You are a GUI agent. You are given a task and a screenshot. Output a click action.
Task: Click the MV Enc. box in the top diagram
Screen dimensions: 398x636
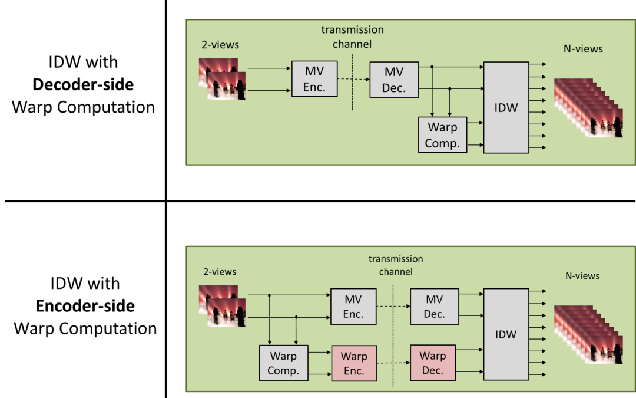pos(314,79)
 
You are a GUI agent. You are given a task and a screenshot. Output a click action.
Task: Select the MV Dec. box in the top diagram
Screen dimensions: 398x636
pos(394,79)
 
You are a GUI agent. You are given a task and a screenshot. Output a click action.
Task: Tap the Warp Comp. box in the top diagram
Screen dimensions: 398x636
pos(442,135)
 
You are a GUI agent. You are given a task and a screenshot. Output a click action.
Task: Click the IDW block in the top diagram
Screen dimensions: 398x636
pos(506,107)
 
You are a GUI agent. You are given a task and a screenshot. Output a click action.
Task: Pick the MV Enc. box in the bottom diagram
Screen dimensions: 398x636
pos(353,306)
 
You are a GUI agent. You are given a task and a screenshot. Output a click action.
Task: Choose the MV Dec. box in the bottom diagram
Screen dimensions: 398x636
pos(434,306)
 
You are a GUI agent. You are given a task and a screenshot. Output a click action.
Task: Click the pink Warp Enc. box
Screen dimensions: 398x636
pos(354,363)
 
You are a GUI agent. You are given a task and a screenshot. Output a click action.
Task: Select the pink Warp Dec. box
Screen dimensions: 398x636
pos(433,363)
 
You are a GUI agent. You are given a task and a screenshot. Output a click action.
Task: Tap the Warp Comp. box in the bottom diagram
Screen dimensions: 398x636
pos(283,363)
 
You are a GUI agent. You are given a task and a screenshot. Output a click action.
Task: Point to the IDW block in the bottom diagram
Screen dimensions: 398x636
pos(506,334)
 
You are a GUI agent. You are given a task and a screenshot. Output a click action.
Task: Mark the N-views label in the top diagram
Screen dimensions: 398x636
pos(583,49)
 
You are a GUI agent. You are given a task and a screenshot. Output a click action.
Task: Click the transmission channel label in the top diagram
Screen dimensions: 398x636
pos(352,37)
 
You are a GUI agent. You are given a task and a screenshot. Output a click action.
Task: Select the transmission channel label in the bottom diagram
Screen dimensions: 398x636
pos(395,265)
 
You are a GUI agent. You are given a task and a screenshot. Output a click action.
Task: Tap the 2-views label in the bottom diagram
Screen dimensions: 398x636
pos(219,272)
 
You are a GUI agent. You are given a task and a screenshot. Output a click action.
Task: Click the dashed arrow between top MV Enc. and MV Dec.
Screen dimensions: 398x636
pos(353,79)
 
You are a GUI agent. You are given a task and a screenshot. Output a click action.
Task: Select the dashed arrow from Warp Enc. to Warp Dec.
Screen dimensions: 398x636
pos(393,363)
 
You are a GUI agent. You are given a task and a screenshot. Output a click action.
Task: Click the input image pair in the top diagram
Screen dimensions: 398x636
pos(222,79)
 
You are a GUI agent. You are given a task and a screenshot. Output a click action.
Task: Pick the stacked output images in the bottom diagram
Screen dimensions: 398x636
pos(588,334)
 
